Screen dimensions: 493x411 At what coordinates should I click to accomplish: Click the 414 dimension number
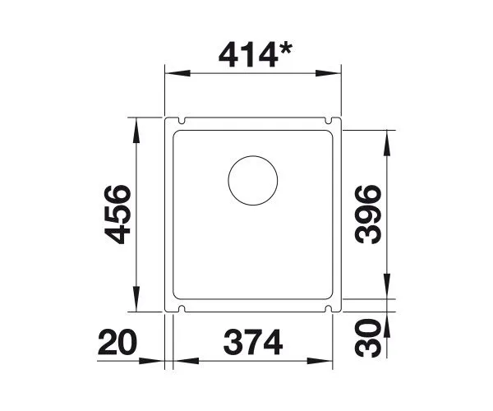tap(248, 55)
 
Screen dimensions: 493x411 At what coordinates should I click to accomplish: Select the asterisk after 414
tap(285, 49)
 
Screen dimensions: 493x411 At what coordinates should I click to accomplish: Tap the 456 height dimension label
tap(117, 215)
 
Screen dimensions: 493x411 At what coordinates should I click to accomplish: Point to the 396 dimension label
tap(368, 215)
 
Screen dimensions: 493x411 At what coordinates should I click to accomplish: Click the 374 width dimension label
tap(253, 342)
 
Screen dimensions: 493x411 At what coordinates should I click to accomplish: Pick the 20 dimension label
tap(117, 342)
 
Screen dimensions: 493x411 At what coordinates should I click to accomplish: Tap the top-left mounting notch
tap(182, 121)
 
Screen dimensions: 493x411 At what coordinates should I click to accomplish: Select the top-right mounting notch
tap(328, 121)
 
